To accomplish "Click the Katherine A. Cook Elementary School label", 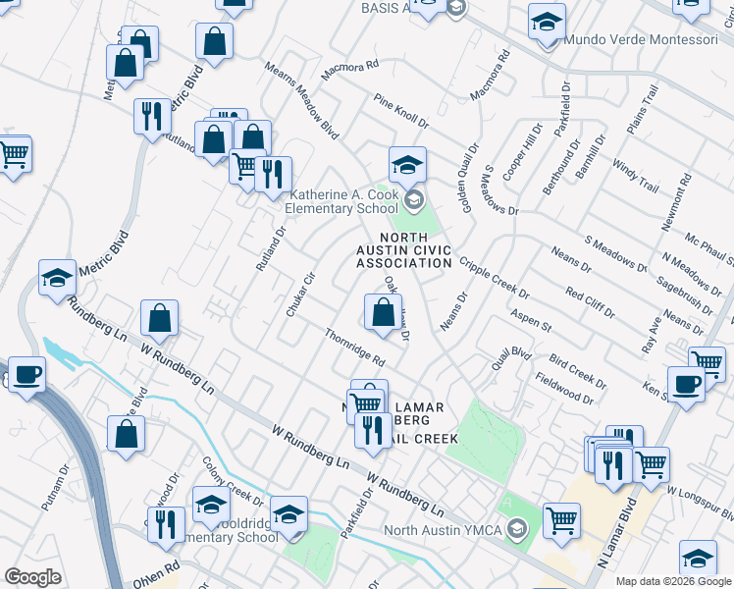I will (342, 201).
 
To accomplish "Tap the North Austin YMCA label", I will (444, 531).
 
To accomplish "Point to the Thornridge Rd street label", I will (354, 348).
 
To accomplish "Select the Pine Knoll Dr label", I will (400, 112).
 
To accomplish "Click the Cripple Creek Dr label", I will (494, 279).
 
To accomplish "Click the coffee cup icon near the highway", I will (26, 374).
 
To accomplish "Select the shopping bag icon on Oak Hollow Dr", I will (382, 313).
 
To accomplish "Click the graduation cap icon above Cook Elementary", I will (406, 164).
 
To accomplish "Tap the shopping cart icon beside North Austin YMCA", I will (561, 520).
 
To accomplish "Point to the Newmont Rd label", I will (675, 202).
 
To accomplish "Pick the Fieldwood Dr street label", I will (564, 388).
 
